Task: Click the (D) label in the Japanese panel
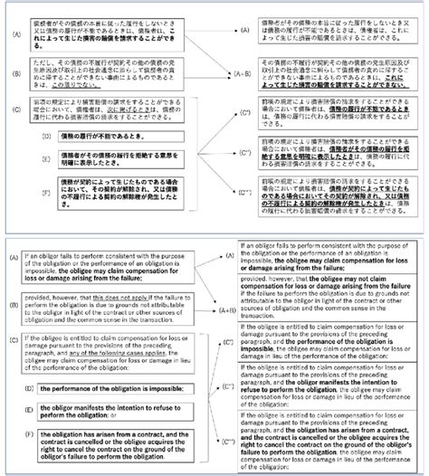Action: tap(31, 134)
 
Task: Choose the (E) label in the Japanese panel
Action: tap(31, 157)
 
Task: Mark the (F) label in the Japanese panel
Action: tap(31, 192)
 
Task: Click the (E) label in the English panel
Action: tap(31, 412)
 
